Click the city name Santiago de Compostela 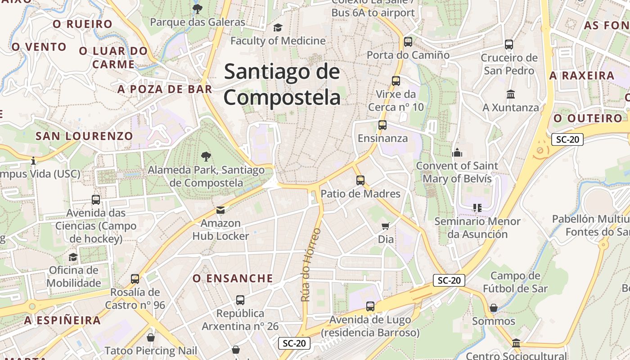(x=282, y=85)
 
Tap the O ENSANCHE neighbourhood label (x=233, y=279)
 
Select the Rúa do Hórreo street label (x=311, y=265)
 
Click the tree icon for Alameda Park (x=206, y=157)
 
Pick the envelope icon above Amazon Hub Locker (x=220, y=210)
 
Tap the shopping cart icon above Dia (x=386, y=226)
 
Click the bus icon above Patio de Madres (x=360, y=180)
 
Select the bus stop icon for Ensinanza (x=382, y=125)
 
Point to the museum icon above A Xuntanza (x=511, y=94)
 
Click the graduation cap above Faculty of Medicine (x=278, y=28)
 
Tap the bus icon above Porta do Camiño (x=408, y=42)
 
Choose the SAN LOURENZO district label (x=84, y=136)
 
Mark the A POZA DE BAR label (x=165, y=89)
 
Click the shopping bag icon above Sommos (x=494, y=308)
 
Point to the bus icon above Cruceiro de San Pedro (x=509, y=45)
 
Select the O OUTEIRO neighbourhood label (x=588, y=118)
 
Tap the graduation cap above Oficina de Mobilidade (x=73, y=257)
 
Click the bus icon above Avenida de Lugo (x=370, y=306)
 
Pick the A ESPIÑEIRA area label (x=63, y=320)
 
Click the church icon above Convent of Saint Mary (x=457, y=153)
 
